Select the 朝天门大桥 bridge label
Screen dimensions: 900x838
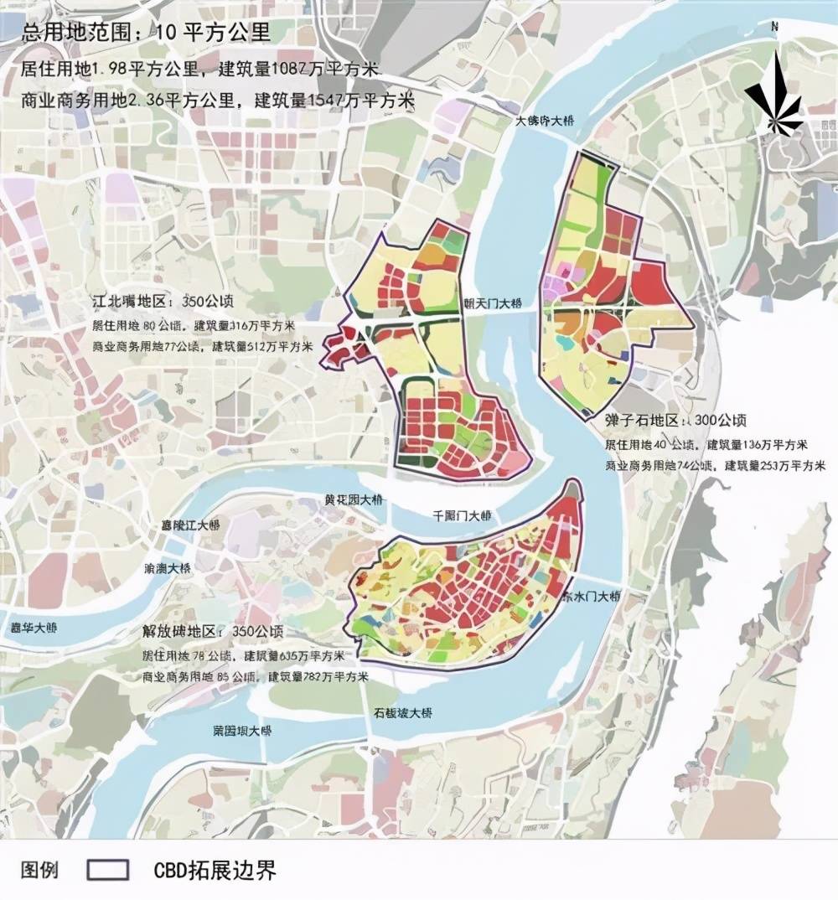coord(493,303)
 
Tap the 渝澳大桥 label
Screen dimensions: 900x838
coord(168,567)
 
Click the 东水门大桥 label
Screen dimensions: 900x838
coord(590,597)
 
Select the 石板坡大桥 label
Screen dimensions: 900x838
coord(402,713)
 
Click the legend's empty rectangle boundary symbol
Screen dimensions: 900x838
coord(108,870)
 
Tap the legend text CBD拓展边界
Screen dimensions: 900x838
coord(215,870)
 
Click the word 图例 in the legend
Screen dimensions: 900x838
coord(39,870)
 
